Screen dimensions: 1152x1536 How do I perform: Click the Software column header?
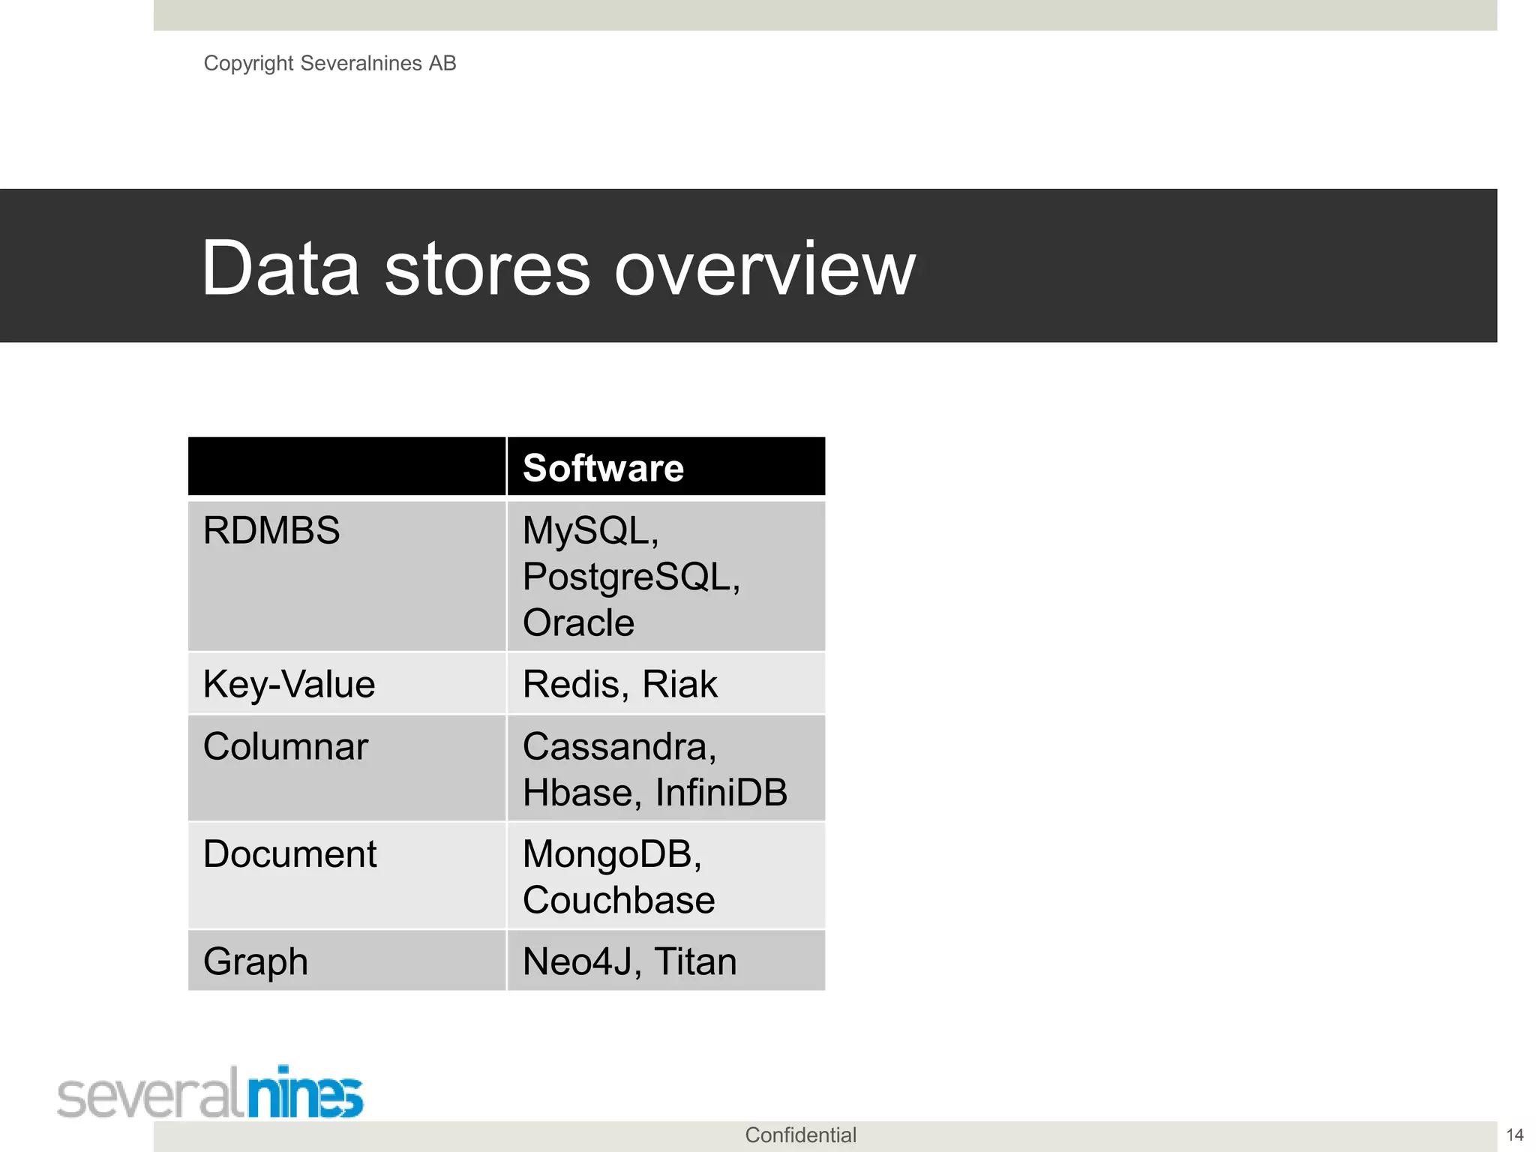[603, 468]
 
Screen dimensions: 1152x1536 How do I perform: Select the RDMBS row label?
[271, 530]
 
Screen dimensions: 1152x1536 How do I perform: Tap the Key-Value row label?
[289, 684]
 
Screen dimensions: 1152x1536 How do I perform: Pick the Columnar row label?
[285, 746]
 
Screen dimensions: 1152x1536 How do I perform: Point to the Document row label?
[289, 854]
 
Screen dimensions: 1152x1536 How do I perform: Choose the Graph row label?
[255, 961]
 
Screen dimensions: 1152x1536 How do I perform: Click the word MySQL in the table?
[586, 531]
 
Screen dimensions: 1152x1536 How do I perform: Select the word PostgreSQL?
[626, 577]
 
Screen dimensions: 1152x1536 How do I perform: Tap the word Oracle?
[578, 622]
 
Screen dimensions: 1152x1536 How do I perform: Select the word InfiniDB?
[721, 793]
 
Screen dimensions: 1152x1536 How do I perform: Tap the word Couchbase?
[619, 900]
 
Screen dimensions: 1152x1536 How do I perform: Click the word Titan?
[695, 961]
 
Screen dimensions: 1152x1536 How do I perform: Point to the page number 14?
[1514, 1135]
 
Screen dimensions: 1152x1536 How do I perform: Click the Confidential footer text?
[800, 1135]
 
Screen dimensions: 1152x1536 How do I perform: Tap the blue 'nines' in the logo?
[305, 1093]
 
